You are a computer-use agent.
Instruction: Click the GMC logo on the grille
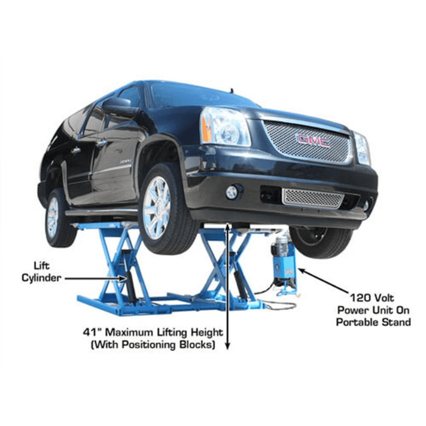click(x=313, y=140)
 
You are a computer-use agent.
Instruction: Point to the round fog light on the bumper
click(x=232, y=192)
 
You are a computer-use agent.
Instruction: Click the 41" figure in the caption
click(x=92, y=333)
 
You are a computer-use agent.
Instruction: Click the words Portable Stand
click(x=373, y=322)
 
